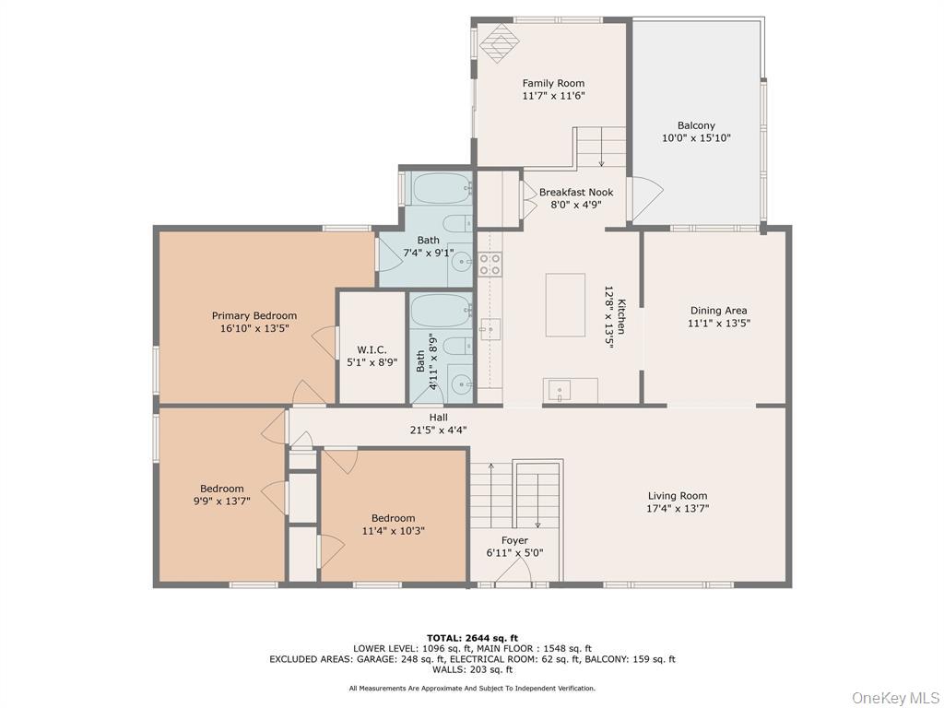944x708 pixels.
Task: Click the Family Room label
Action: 553,83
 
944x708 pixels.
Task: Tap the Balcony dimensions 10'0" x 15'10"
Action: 696,138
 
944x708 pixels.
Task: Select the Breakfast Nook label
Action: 576,192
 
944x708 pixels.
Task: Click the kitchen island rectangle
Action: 565,305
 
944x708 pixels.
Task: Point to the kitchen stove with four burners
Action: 490,264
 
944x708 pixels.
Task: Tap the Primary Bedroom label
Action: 254,315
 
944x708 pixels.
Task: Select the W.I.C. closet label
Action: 372,349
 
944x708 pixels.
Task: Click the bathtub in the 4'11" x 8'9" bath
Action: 441,310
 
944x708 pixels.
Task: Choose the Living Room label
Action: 678,495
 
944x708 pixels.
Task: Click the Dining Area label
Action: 718,311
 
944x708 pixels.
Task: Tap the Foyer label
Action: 514,540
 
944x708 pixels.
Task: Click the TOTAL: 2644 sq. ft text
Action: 472,637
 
